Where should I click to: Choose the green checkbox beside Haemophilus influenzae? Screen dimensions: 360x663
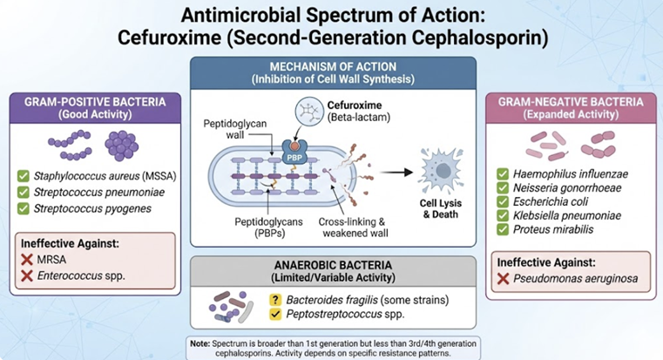pos(503,173)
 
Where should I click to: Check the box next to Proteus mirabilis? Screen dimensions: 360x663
pos(503,228)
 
